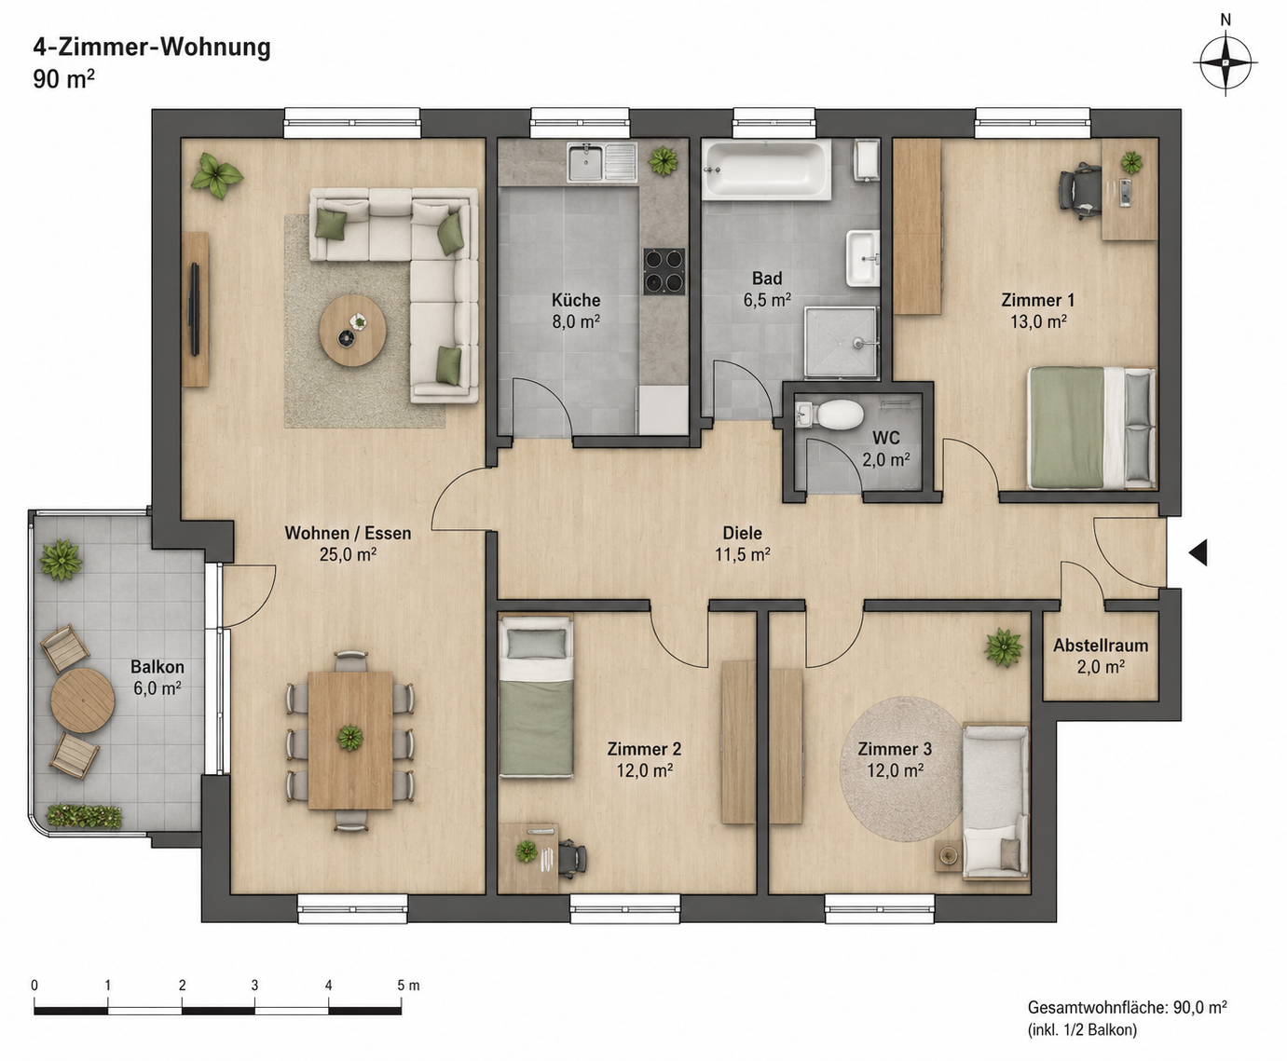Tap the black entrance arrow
pos(1198,552)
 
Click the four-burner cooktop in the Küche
pos(664,271)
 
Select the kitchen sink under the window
pos(602,163)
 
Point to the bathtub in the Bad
pos(766,169)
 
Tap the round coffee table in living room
pos(352,331)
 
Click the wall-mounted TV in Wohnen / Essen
pos(195,308)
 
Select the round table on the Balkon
pos(83,701)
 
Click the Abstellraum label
pos(1101,646)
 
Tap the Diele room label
pos(742,532)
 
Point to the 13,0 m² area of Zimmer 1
pos(1038,321)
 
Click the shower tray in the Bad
pos(841,341)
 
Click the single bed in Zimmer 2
pos(535,696)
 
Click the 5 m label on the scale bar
pos(408,986)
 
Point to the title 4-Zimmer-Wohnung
pos(152,47)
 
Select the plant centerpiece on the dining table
pos(350,737)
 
